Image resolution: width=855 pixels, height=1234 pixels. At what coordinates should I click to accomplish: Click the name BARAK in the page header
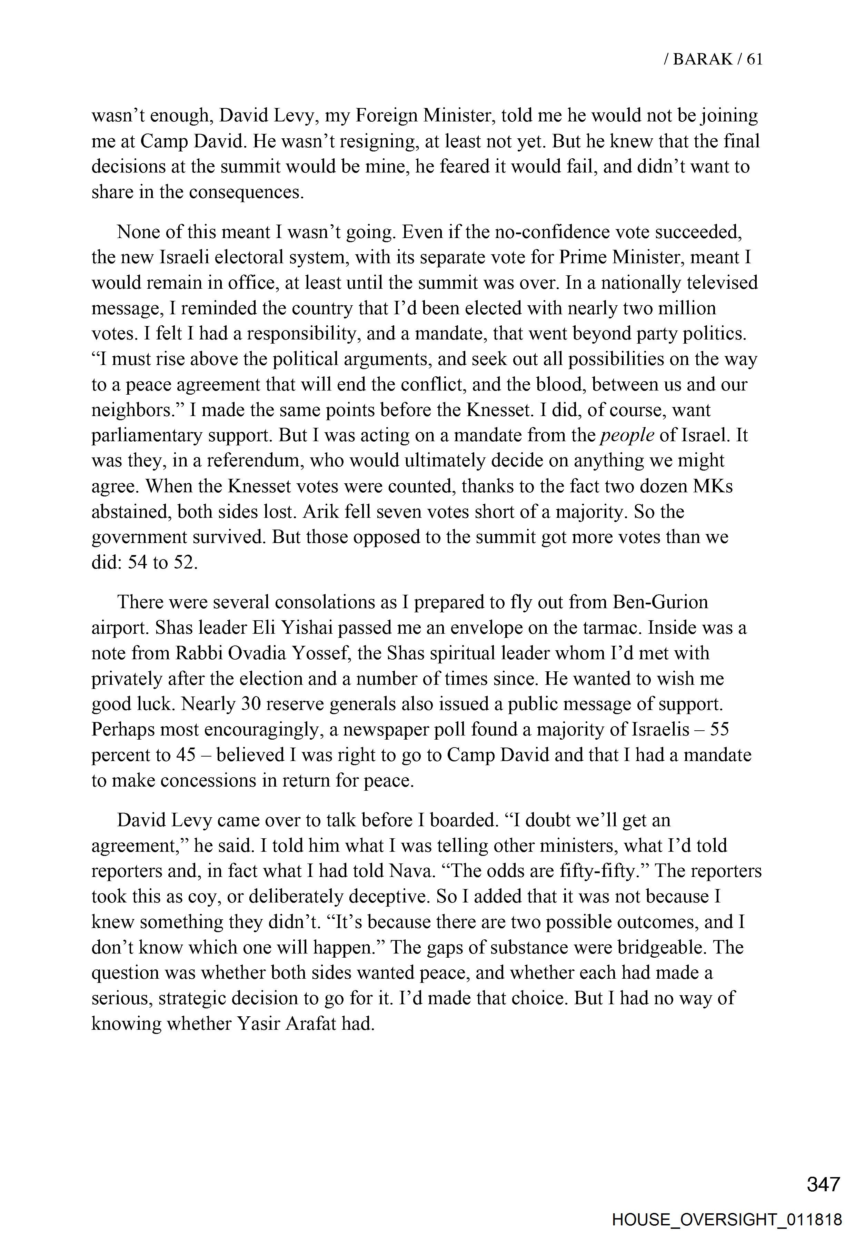pyautogui.click(x=702, y=59)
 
